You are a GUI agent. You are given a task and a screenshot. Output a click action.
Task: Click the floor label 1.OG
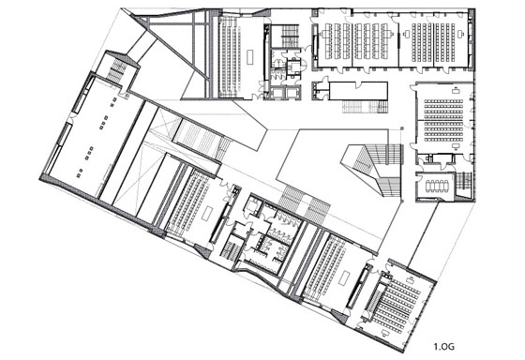coord(444,347)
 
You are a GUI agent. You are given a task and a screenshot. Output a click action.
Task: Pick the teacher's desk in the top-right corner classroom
coord(460,34)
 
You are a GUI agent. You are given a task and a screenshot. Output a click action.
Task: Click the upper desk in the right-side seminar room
coord(456,90)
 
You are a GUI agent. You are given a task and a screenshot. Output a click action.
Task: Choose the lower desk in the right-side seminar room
coord(456,146)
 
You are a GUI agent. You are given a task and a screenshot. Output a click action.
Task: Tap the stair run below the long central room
coord(366,108)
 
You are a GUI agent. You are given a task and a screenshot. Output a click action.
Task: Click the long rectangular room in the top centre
coord(358,91)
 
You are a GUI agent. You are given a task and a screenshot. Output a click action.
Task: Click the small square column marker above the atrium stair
coord(402,127)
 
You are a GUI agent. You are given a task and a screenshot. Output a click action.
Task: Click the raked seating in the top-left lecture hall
coord(230,57)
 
